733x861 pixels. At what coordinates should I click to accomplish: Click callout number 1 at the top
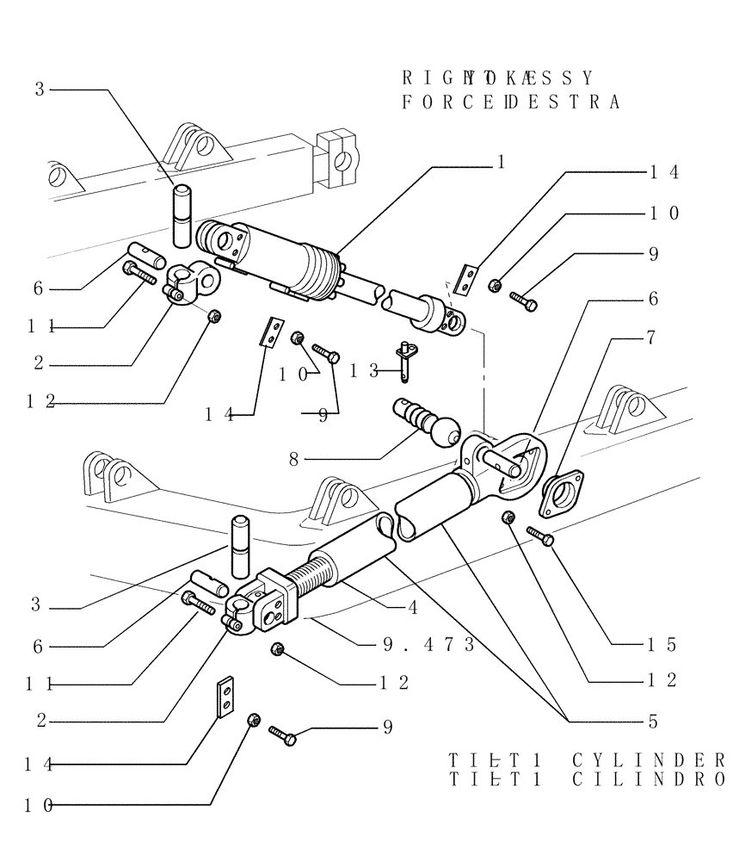[x=500, y=161]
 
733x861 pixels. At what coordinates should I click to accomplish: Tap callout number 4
[x=412, y=607]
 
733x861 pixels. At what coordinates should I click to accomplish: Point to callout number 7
[x=651, y=338]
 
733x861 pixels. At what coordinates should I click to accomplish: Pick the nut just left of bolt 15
[x=508, y=518]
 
